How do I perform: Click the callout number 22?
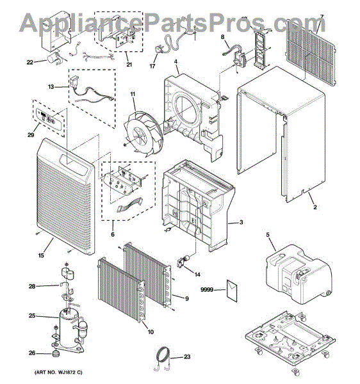click(29, 62)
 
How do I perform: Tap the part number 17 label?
click(152, 66)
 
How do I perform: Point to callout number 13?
click(51, 86)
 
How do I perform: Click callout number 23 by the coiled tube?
click(187, 357)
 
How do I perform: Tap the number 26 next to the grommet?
click(32, 352)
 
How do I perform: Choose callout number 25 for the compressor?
click(32, 315)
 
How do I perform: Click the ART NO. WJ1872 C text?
click(54, 372)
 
